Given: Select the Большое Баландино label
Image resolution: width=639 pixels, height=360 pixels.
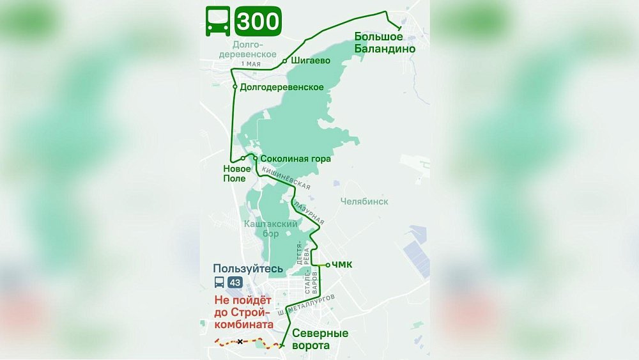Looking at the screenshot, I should [x=385, y=43].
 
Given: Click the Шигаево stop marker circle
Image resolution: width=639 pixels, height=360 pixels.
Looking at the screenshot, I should [x=284, y=61].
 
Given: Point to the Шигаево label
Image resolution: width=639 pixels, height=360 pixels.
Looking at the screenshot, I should [x=310, y=61].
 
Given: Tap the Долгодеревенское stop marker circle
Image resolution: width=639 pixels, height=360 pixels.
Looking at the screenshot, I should [x=235, y=87].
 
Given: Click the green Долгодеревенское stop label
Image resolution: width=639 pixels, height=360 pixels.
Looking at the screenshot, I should [x=282, y=88].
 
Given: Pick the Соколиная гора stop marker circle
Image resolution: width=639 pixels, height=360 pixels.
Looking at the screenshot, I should [x=255, y=158].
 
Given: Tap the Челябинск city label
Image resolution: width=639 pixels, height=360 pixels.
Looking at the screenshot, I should [x=364, y=201].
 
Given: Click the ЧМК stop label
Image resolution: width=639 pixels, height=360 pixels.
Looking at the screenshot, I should [x=343, y=265].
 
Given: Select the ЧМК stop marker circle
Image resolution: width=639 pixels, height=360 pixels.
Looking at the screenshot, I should [x=328, y=265].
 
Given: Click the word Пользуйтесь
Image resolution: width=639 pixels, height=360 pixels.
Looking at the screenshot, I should [x=248, y=269].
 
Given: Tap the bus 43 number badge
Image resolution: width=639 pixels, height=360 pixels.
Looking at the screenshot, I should [x=235, y=282].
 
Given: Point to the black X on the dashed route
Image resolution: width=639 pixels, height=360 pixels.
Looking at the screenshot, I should [x=240, y=341].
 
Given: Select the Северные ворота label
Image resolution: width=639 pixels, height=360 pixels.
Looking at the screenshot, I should [x=320, y=340].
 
